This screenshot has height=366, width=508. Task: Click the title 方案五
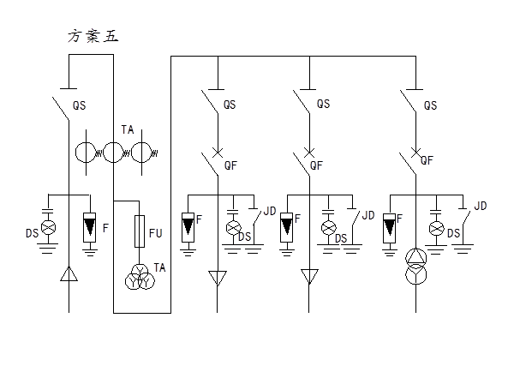pos(93,36)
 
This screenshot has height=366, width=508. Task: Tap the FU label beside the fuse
pos(156,233)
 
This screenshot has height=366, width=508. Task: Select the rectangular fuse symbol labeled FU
pos(140,231)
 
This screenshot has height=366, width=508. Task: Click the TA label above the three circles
pos(128,129)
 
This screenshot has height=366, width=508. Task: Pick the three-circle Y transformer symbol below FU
pos(140,277)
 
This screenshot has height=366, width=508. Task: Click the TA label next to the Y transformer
pos(159,267)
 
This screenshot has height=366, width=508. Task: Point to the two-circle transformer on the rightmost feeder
pos(416,267)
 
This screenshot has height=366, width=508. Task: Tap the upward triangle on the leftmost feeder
pos(69,274)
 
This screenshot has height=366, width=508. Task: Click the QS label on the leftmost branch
pos(80,105)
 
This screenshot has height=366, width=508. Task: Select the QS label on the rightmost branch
pos(431,105)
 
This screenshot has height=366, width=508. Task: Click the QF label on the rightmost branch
pos(427,160)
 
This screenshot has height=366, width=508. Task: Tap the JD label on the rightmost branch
pos(481,206)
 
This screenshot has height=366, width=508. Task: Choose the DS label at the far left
pos(32,233)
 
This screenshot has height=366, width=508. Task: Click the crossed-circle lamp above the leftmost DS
pos(48,227)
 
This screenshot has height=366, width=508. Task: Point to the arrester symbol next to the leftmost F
pos(90,228)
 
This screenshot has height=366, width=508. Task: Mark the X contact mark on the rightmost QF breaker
pos(415,152)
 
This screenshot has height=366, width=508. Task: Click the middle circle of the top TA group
pos(113,152)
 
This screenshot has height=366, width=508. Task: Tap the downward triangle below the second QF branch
pos(309,277)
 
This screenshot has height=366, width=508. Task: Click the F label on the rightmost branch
pos(399,219)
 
